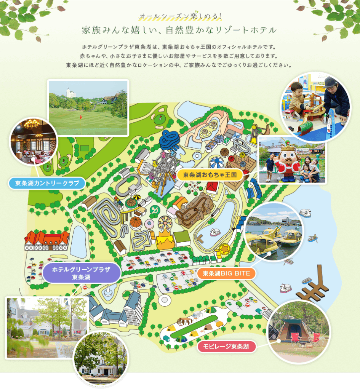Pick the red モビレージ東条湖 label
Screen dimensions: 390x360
[226, 347]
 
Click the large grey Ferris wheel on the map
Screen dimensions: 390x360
[165, 170]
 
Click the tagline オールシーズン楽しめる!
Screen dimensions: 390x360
[180, 16]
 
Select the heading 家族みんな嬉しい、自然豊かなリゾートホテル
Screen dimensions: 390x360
[179, 30]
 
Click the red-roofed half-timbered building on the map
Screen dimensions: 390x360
[46, 240]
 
